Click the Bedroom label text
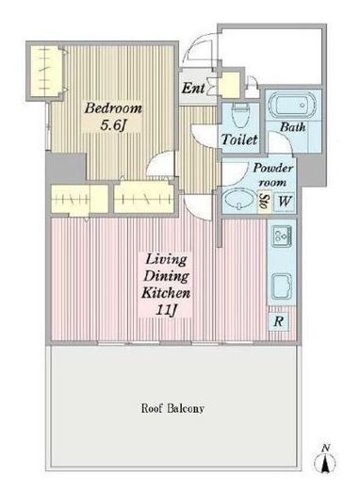click(113, 108)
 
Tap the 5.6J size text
click(113, 125)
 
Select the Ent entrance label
click(193, 89)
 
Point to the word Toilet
click(239, 139)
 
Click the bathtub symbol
click(291, 105)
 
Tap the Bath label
click(292, 127)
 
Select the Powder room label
click(273, 174)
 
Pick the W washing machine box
click(284, 201)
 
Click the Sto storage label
click(263, 202)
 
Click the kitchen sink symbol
click(282, 286)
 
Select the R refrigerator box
click(278, 321)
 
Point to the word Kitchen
click(166, 293)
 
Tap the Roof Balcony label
click(172, 408)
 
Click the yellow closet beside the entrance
click(229, 84)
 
